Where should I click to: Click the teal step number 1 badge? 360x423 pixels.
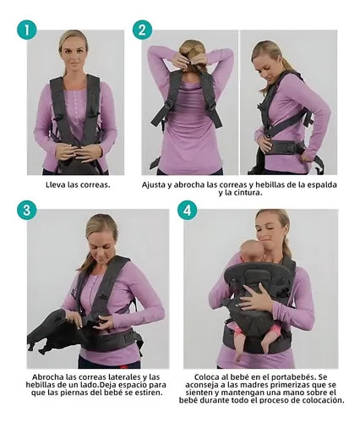(27, 30)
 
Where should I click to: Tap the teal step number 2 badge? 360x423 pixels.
(142, 30)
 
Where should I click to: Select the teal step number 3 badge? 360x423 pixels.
(27, 210)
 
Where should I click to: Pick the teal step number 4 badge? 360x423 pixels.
(188, 210)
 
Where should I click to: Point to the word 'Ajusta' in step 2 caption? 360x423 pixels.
(154, 185)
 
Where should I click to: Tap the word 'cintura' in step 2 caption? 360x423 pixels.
(248, 193)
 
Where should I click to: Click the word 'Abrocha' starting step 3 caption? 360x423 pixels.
(47, 377)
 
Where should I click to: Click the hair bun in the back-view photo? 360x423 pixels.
(193, 48)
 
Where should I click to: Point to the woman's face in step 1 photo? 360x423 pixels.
(74, 54)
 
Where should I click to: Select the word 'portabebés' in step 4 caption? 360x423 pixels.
(299, 377)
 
